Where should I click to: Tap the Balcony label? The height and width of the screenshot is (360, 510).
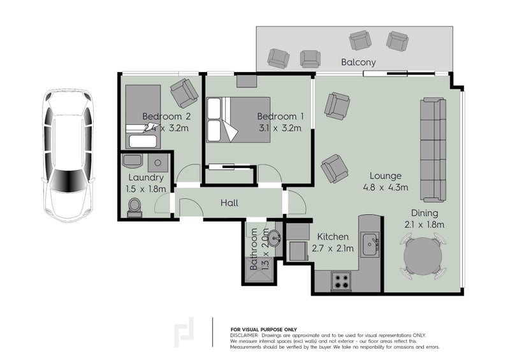358,62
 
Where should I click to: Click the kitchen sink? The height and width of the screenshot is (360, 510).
370,243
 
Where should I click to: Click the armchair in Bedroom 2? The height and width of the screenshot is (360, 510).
184,92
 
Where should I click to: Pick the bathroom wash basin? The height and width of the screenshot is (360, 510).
275,238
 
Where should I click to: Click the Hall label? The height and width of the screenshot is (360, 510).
229,203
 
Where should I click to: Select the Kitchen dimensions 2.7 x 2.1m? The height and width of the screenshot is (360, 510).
331,248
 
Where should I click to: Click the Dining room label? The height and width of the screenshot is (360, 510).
423,213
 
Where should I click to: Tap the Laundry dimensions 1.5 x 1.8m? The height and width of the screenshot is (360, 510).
147,189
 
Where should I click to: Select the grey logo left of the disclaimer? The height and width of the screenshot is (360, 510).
185,332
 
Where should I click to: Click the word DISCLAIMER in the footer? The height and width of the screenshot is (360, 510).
244,335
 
